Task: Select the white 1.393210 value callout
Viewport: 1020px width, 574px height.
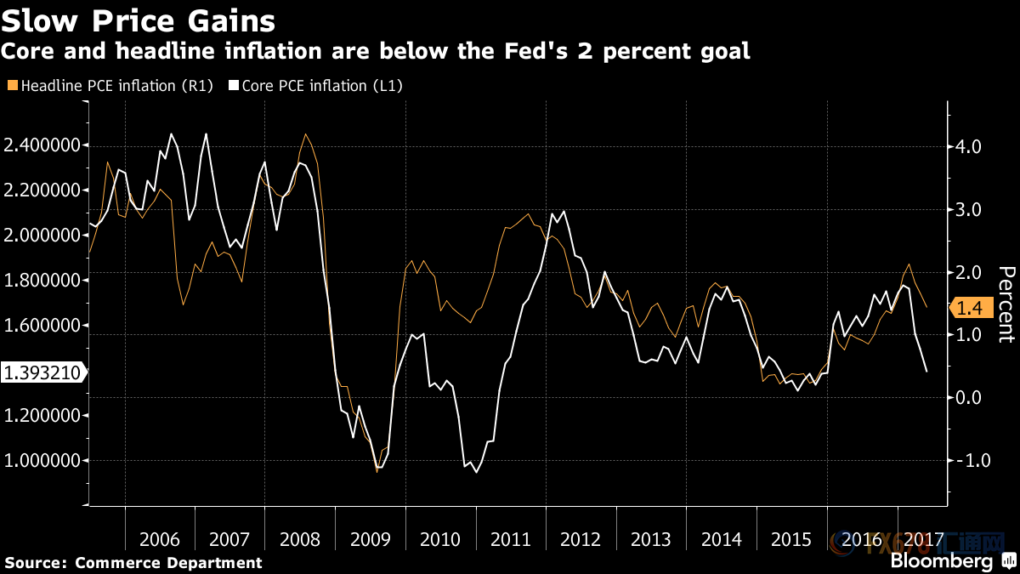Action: coord(42,372)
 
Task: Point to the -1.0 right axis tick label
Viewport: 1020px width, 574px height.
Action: coord(968,460)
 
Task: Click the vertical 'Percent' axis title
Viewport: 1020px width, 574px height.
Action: coord(1006,304)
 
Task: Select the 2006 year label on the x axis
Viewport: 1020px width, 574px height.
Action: coord(160,540)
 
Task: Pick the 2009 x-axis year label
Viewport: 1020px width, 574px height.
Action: coord(371,540)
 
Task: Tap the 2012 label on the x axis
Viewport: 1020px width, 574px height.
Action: coord(581,540)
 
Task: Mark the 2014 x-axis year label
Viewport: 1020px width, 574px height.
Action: coord(722,540)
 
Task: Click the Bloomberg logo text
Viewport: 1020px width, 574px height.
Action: coord(941,561)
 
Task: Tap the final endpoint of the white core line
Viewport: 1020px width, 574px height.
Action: coord(926,372)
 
